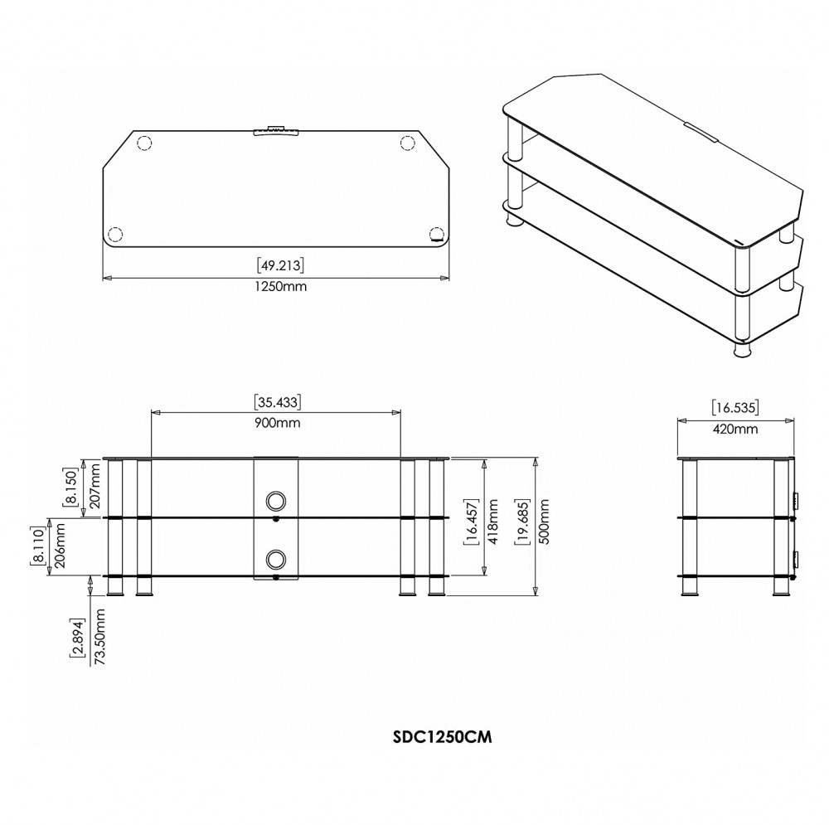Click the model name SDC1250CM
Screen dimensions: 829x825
443,737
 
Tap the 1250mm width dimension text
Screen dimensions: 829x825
280,287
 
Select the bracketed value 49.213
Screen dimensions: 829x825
280,265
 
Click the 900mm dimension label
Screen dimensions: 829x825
277,423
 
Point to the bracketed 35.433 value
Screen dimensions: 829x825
277,402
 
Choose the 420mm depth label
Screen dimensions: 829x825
734,429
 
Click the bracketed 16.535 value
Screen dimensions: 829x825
734,408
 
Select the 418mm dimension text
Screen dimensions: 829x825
492,522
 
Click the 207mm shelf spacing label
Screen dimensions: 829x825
95,486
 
